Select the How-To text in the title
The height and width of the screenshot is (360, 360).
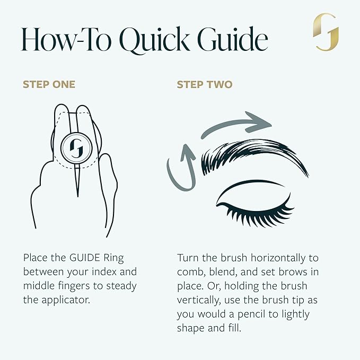[64, 40]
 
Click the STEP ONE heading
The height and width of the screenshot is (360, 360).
[49, 84]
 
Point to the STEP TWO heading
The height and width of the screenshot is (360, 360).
[205, 84]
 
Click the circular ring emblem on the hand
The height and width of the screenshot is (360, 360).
[77, 145]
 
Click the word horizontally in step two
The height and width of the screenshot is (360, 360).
[283, 258]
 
